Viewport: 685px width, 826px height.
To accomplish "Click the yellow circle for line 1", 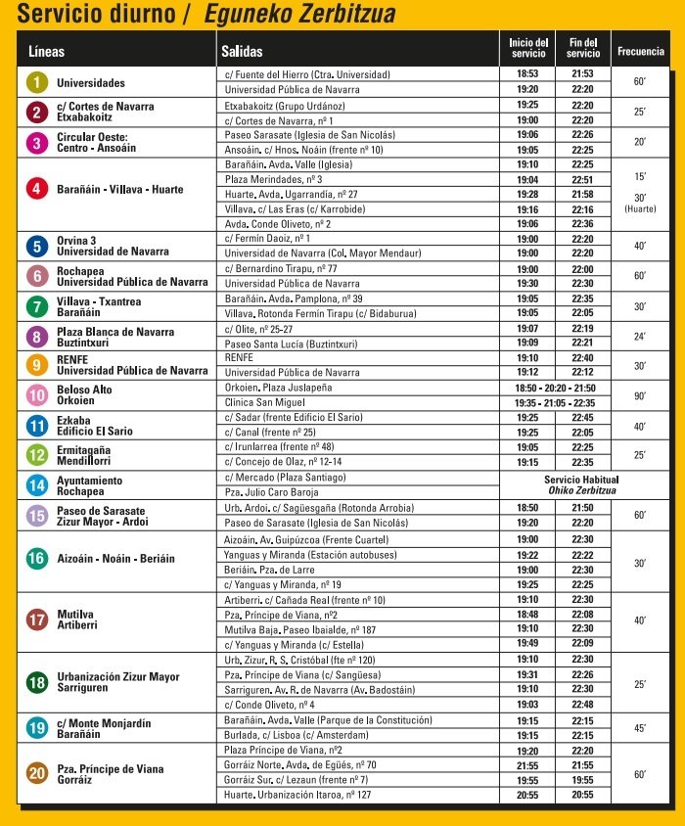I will click(36, 83).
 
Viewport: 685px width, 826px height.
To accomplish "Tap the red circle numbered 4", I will click(36, 189).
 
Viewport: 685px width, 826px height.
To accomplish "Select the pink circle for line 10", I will click(36, 395).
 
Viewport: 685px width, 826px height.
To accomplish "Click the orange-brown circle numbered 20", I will click(36, 773).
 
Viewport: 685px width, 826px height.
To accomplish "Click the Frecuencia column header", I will click(641, 50).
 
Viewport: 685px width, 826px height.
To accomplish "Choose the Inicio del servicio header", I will click(528, 48).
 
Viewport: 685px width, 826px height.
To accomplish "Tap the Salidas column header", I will click(242, 50).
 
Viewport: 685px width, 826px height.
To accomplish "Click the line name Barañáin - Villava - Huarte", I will click(119, 189).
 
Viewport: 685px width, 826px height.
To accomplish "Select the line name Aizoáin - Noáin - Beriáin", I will click(115, 558).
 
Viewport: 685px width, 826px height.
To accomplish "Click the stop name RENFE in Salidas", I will click(239, 358).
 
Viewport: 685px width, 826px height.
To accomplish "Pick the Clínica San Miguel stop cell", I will click(265, 402).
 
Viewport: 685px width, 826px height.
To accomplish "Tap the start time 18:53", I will click(527, 74).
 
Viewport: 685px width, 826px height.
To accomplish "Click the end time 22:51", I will click(582, 179).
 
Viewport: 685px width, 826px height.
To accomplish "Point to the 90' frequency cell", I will click(640, 395).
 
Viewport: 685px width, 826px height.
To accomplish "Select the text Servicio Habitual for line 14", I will click(582, 480).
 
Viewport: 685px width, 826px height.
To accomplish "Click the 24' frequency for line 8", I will click(640, 336).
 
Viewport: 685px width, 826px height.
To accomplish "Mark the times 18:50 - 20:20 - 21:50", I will click(555, 388).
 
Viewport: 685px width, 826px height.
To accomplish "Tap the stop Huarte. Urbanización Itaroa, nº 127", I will click(297, 795).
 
